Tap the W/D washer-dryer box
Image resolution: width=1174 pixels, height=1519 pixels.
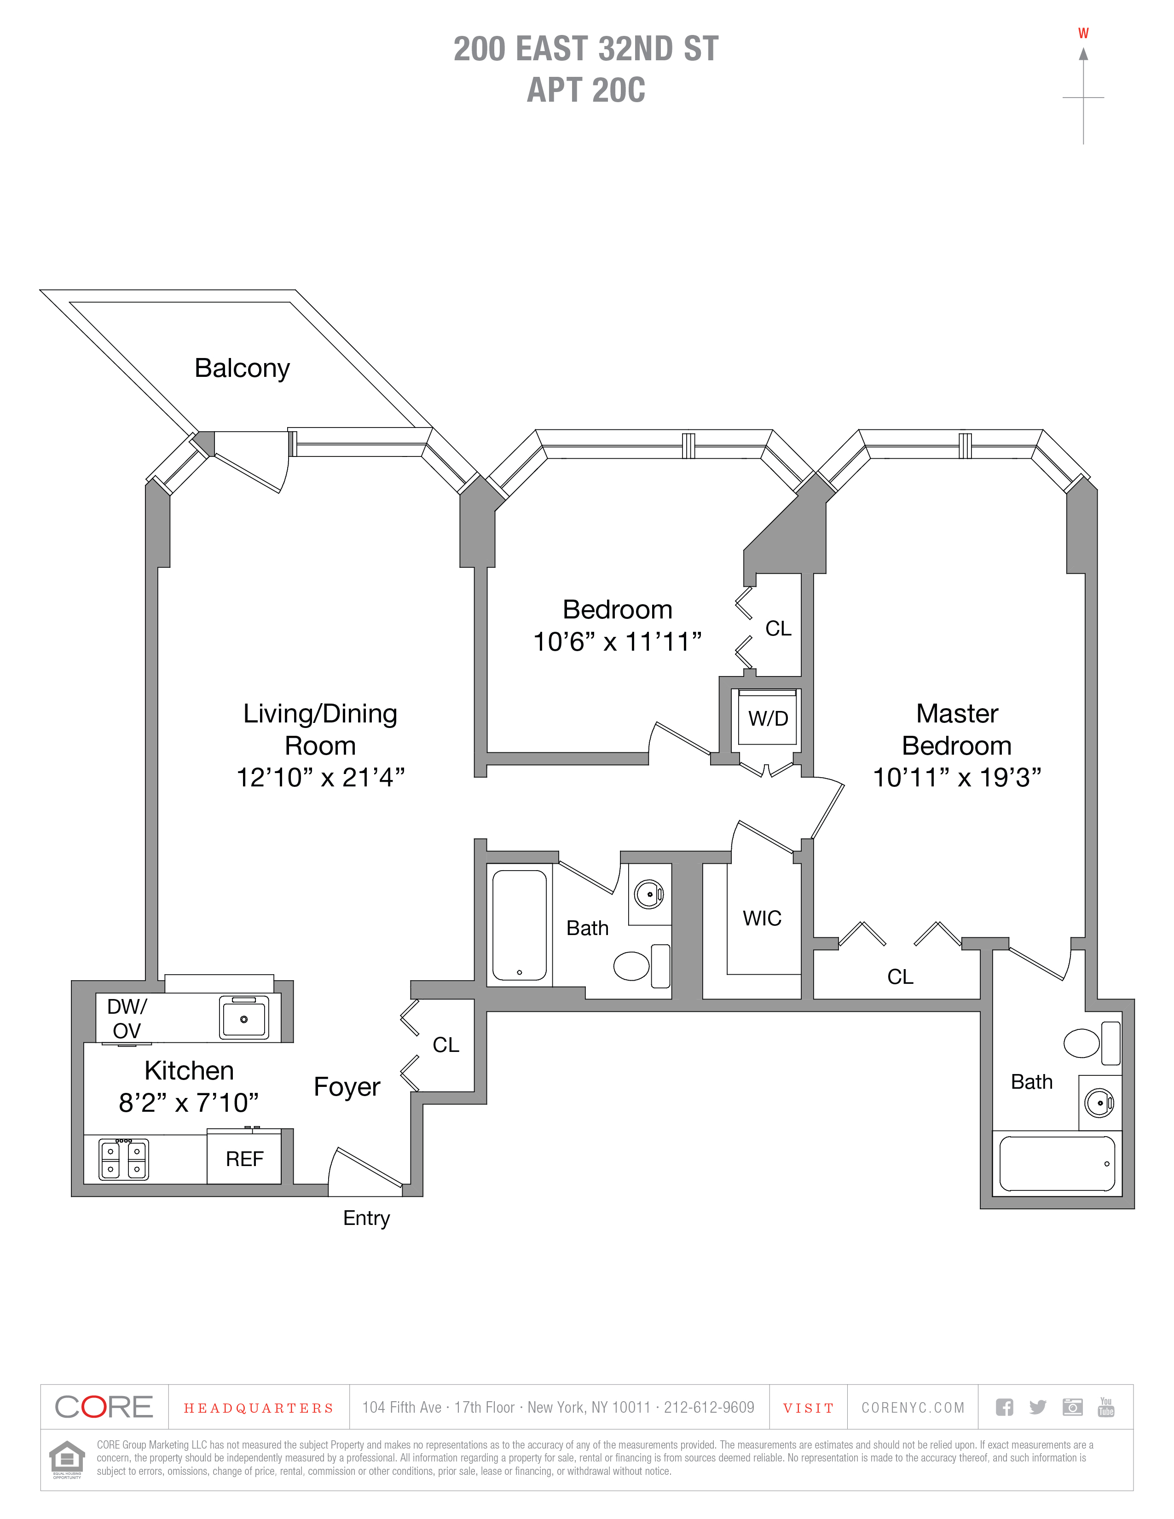[768, 718]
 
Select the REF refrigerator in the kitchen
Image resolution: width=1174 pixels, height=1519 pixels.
[244, 1159]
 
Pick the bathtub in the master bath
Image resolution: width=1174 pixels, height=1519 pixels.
[1057, 1164]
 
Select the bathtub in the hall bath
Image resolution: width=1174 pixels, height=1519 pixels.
[519, 924]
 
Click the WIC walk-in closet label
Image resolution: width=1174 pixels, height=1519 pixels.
[762, 918]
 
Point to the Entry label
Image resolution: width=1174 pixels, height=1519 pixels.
[366, 1218]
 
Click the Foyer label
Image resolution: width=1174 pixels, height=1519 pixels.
[347, 1086]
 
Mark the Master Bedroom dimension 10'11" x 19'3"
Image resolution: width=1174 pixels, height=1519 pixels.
[957, 777]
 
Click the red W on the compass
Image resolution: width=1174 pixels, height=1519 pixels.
[1083, 34]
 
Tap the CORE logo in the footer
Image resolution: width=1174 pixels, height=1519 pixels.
[104, 1408]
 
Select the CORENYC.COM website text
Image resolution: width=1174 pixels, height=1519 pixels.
[913, 1408]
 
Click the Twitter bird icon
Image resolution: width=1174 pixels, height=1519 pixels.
[1038, 1407]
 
